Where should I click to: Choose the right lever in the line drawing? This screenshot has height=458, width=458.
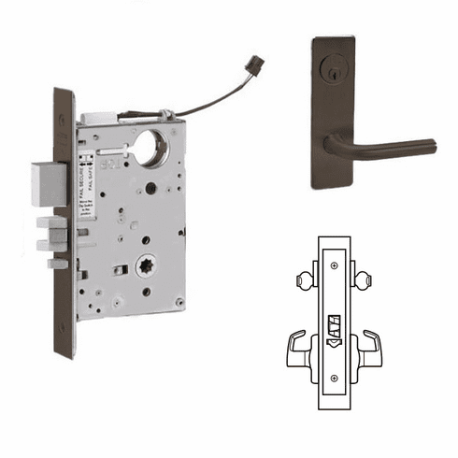coord(371,347)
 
